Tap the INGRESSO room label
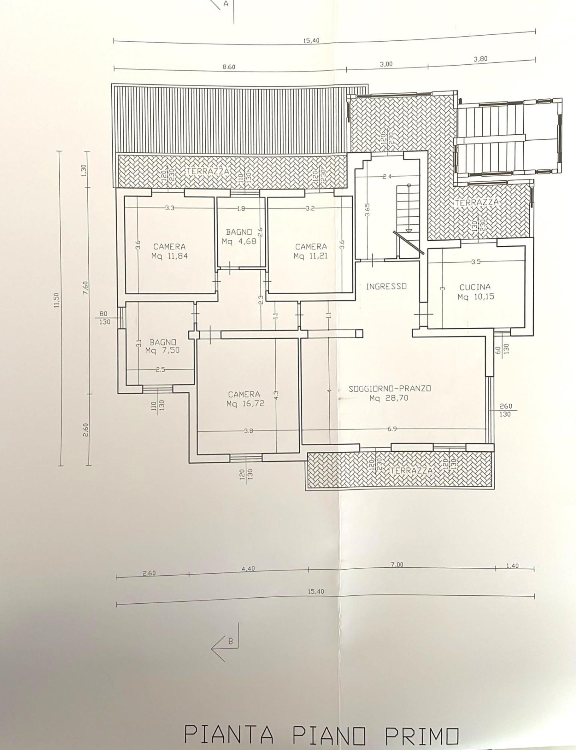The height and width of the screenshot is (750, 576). click(386, 286)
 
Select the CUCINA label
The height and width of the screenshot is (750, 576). click(475, 287)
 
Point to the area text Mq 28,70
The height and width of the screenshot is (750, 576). click(389, 398)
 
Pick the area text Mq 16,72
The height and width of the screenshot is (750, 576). click(246, 404)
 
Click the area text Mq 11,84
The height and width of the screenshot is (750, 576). click(170, 256)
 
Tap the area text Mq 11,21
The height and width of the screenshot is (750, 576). click(311, 256)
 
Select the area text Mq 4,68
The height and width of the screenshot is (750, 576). click(239, 241)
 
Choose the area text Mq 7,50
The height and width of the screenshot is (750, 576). click(162, 351)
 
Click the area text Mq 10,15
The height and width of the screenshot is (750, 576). click(476, 297)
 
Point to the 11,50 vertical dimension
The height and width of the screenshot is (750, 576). click(56, 300)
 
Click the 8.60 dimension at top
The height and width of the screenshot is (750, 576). click(229, 67)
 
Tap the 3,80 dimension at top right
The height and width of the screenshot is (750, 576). click(480, 59)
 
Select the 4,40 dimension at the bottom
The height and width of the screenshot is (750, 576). click(248, 569)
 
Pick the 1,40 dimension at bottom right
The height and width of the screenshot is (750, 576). click(512, 566)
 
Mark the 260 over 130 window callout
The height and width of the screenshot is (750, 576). click(506, 411)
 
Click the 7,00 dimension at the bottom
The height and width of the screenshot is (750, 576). click(397, 565)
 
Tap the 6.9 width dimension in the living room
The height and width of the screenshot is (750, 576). click(392, 429)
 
